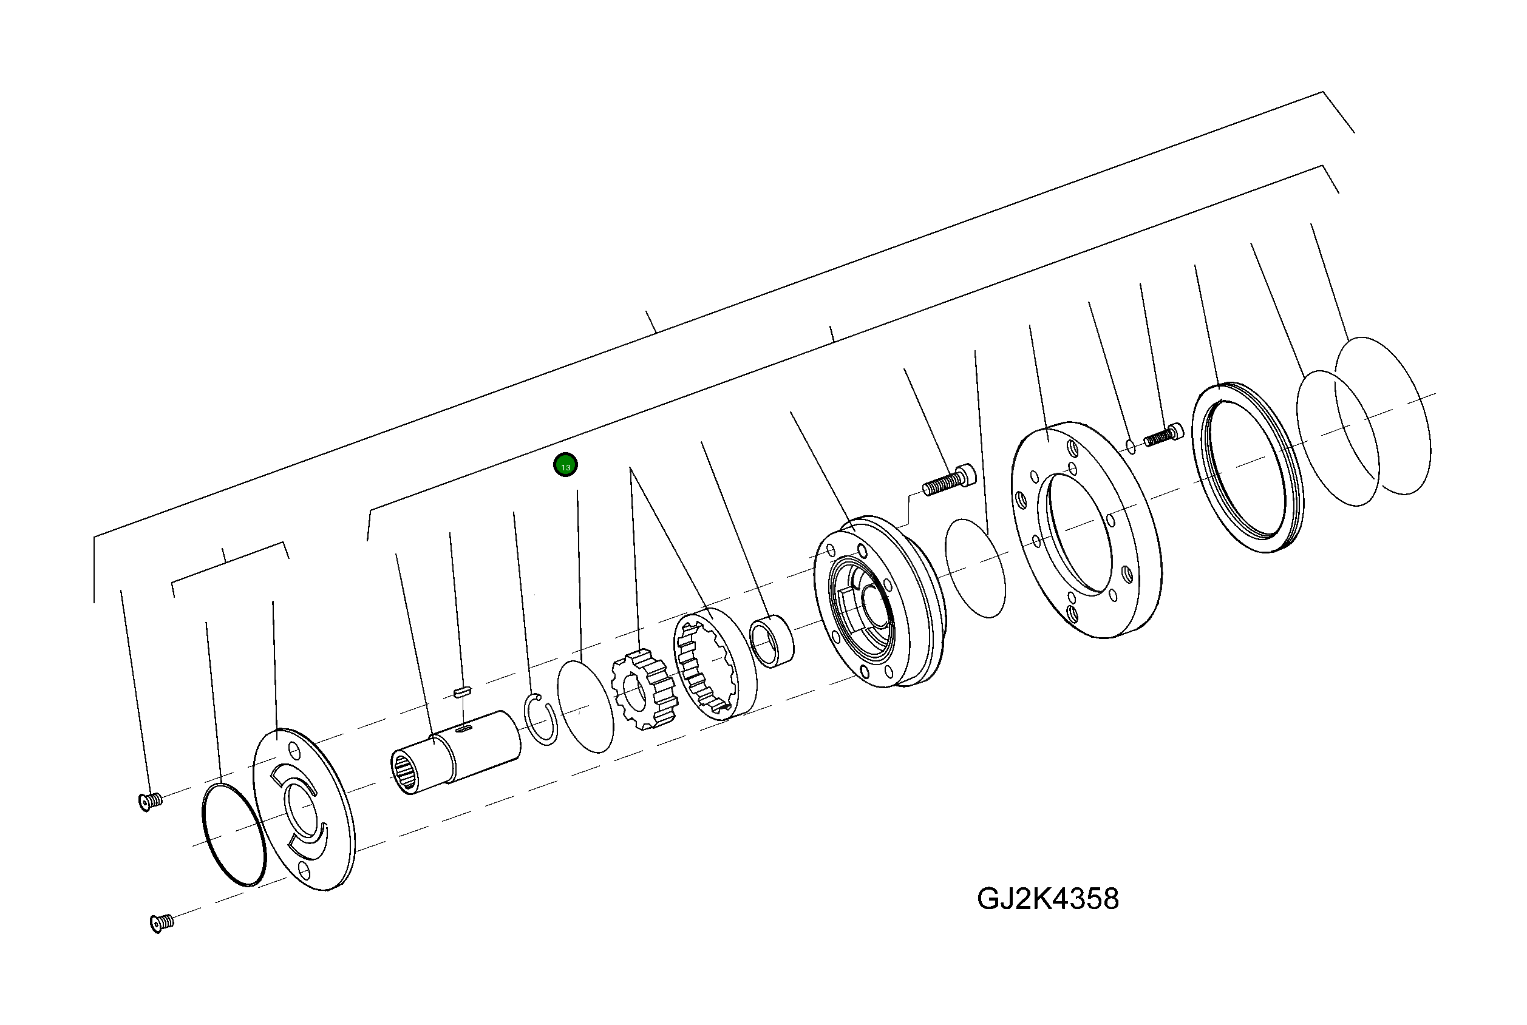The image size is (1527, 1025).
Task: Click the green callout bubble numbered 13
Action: (565, 465)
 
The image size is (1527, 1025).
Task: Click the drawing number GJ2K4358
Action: (1047, 899)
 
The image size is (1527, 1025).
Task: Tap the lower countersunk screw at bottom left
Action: (162, 922)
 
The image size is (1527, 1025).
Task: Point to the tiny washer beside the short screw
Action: (1131, 447)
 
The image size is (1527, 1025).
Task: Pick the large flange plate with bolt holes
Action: (1086, 530)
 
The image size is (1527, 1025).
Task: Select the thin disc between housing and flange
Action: (976, 568)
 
